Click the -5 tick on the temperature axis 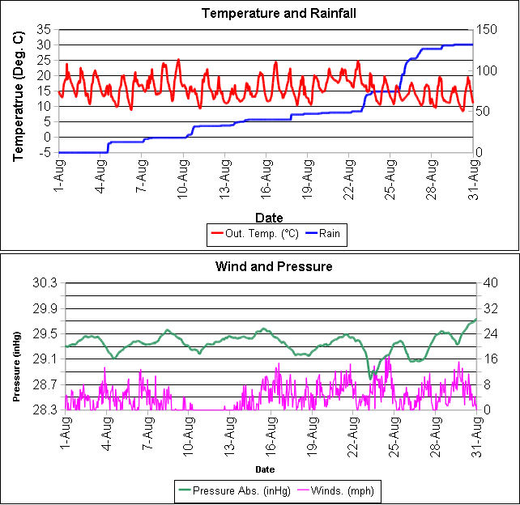[47, 152]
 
